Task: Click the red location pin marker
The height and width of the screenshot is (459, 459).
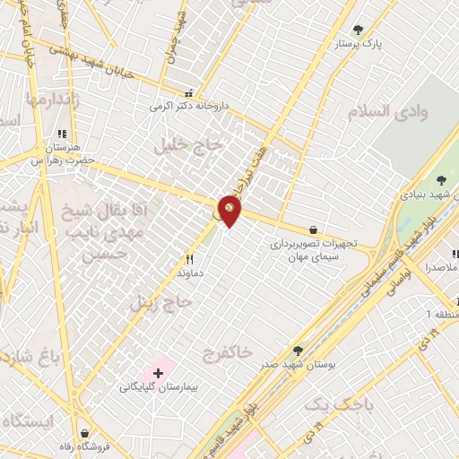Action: (x=229, y=210)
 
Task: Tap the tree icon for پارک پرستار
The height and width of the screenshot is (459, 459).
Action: (x=358, y=30)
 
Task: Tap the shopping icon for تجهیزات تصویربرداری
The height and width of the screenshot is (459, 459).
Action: (x=312, y=229)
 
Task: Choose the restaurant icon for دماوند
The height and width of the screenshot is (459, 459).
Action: (x=189, y=257)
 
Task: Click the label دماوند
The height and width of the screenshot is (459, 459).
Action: (x=189, y=270)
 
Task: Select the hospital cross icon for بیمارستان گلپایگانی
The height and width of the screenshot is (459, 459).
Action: (x=159, y=371)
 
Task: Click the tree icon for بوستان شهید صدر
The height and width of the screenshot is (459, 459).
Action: (x=298, y=350)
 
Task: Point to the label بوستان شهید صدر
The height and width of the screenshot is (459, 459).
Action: (x=298, y=364)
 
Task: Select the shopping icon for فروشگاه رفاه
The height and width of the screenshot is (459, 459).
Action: (x=83, y=432)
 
